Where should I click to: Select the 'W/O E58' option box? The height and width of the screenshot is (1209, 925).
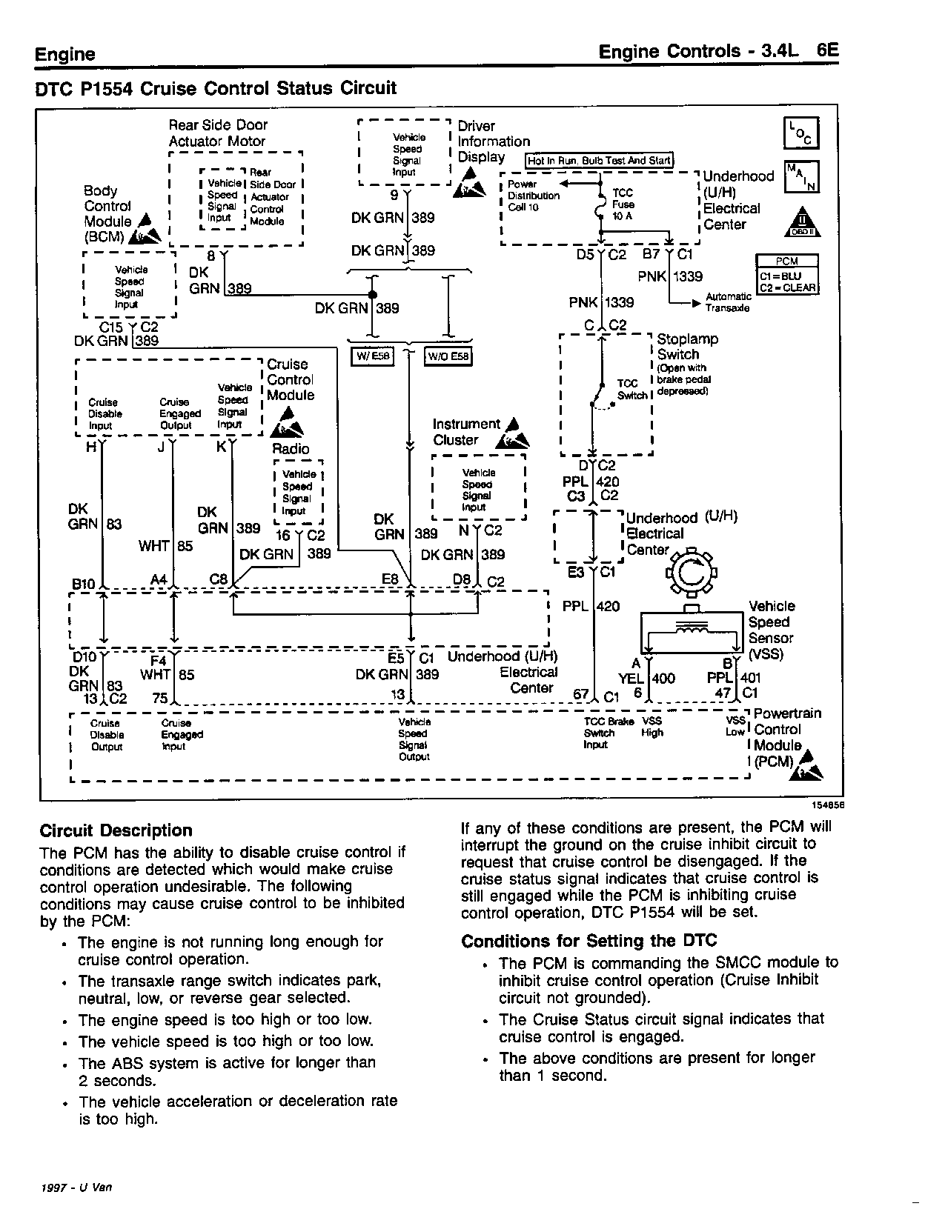[448, 357]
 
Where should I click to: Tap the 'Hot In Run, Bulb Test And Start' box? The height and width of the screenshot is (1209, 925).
[599, 161]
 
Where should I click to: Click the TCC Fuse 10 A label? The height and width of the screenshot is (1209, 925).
[623, 204]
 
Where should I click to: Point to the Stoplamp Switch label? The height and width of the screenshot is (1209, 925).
[687, 347]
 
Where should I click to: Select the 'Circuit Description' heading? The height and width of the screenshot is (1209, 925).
[116, 830]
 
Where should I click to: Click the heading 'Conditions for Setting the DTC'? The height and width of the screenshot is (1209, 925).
[589, 941]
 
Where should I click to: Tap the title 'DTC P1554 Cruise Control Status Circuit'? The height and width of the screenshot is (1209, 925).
[216, 88]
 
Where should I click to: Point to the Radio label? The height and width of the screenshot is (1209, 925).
[291, 449]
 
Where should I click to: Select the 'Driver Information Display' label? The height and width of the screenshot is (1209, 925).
[494, 141]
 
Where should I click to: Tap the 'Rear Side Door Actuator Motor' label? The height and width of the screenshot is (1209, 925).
[218, 133]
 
